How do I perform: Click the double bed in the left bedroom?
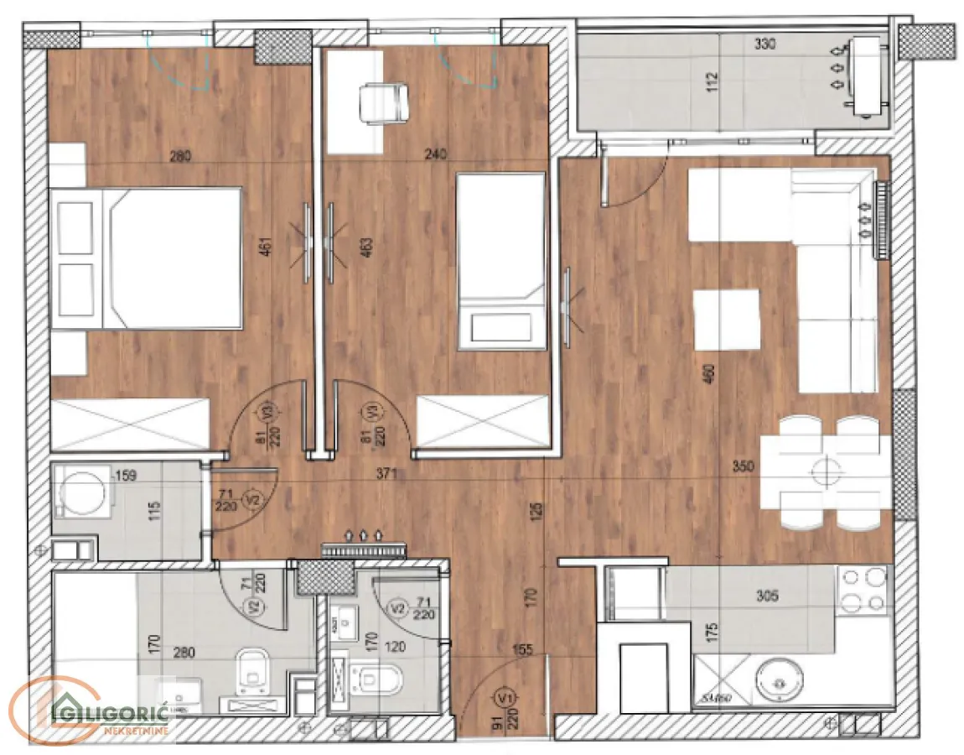[147, 258]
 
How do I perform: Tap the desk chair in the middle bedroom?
[382, 102]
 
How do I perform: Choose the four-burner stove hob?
[863, 590]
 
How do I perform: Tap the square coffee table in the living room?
[728, 319]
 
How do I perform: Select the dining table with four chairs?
[826, 472]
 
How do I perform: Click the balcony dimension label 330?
[765, 44]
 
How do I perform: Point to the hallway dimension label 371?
[387, 475]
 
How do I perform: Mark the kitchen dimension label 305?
[766, 597]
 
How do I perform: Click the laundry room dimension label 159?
[127, 475]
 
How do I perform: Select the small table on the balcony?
[865, 77]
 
